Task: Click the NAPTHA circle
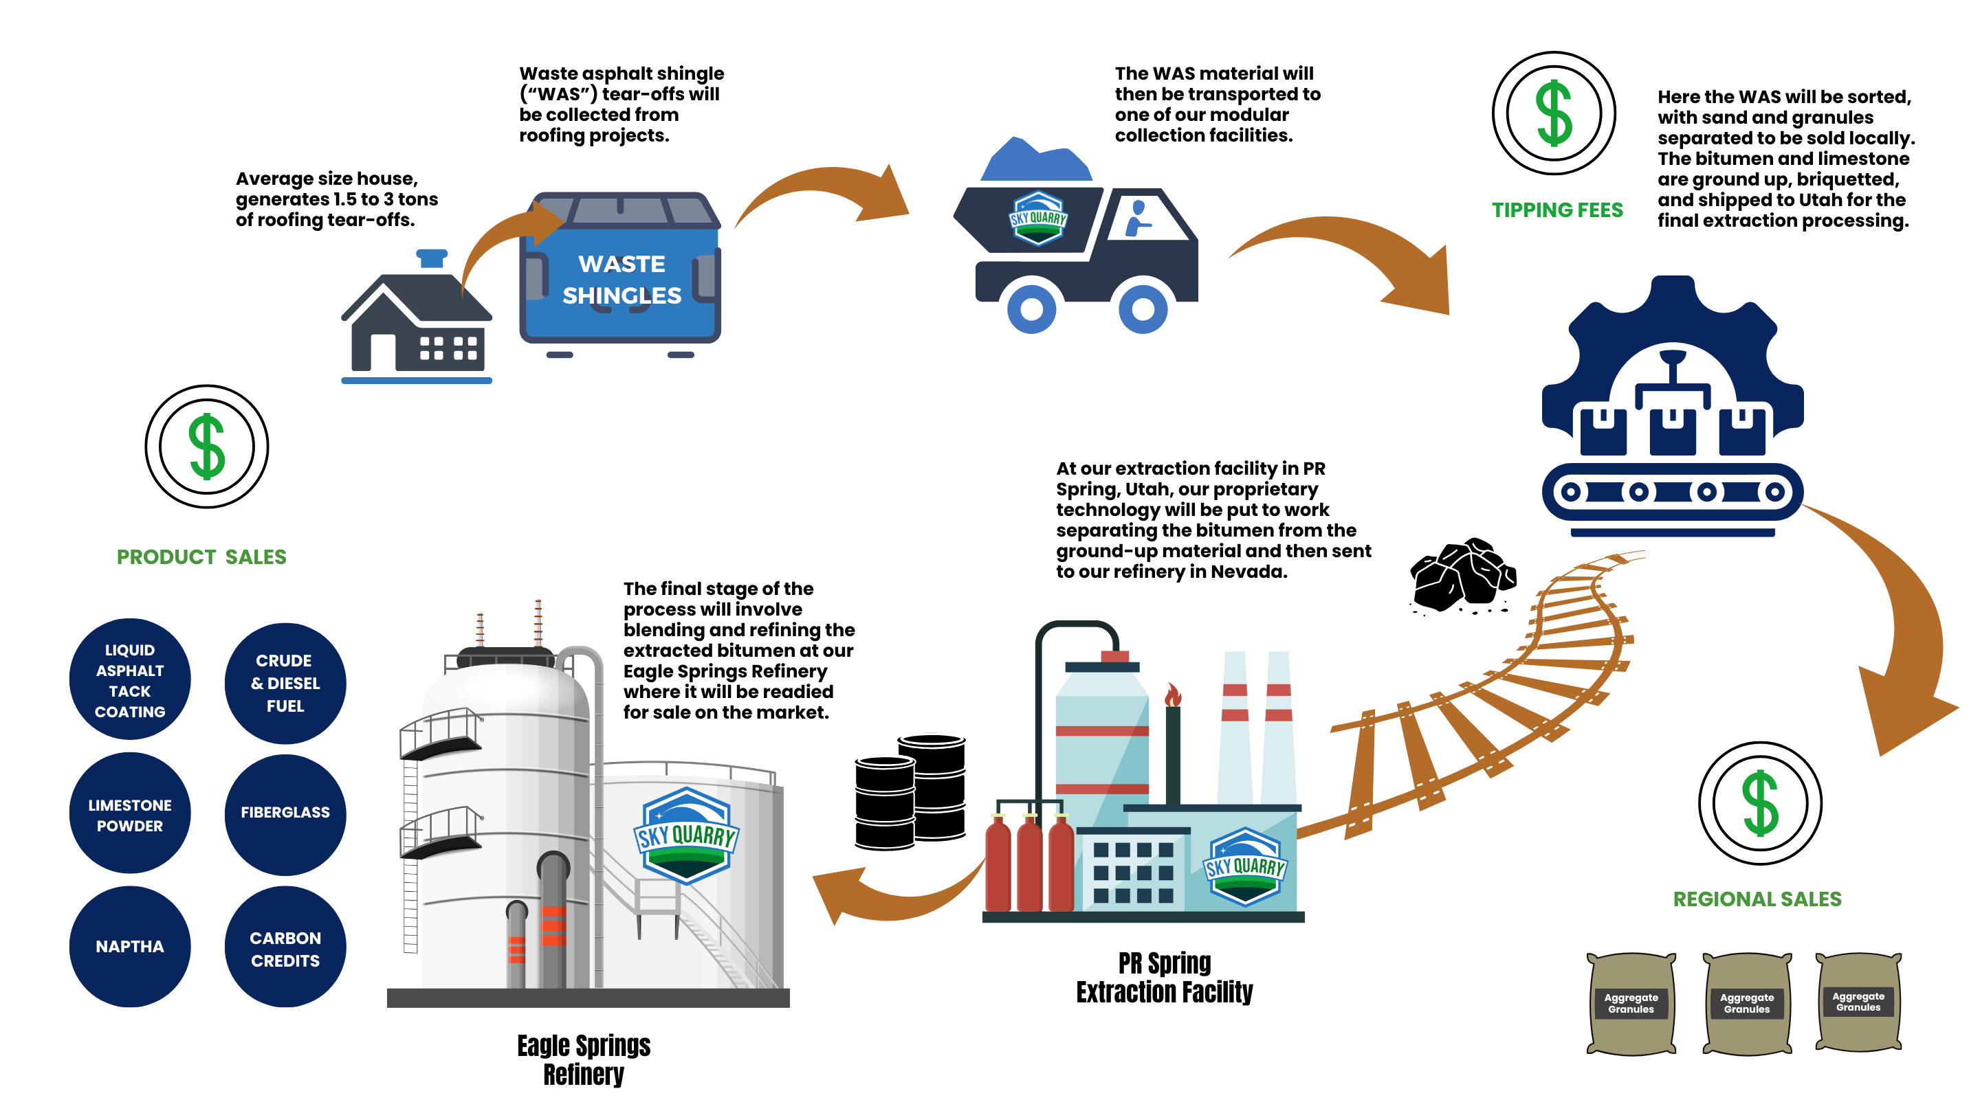(130, 946)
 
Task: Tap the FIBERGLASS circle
(285, 814)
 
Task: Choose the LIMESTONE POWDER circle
(130, 813)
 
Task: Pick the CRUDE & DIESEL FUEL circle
(285, 683)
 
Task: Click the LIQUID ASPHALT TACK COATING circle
(130, 679)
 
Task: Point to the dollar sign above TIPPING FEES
(1554, 113)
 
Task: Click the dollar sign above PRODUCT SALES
(207, 447)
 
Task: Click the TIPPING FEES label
(1557, 210)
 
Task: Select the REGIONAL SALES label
(1757, 899)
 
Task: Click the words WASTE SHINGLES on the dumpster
(621, 280)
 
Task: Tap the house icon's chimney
(431, 258)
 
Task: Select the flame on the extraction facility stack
(1172, 695)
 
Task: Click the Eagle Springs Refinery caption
(584, 1060)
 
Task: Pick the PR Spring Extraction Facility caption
(1164, 977)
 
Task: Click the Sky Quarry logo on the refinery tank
(685, 835)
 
